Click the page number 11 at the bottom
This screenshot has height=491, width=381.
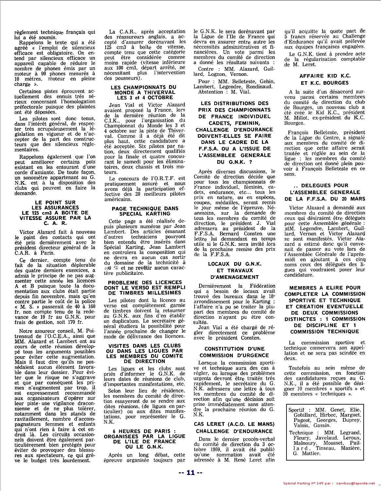coord(190,472)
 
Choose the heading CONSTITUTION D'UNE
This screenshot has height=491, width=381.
coord(234,349)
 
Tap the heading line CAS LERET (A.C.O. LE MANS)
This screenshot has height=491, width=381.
coord(234,424)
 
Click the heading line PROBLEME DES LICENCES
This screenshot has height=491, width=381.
coord(145,282)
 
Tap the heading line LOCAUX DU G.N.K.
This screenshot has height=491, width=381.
coord(234,264)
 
